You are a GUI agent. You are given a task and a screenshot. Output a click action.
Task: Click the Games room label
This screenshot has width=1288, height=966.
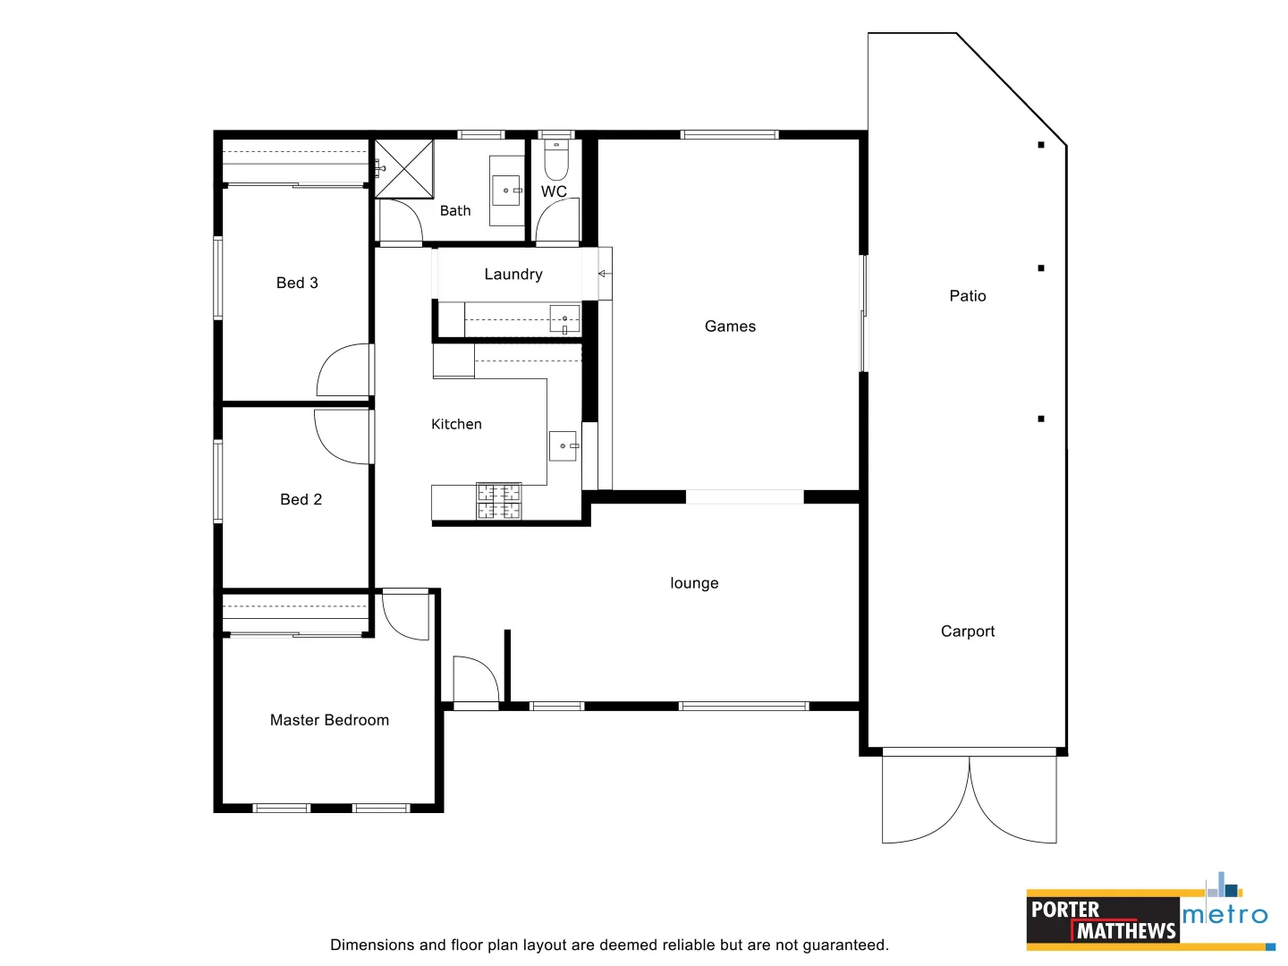coord(730,326)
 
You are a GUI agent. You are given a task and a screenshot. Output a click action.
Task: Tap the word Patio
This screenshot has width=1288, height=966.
coord(967,296)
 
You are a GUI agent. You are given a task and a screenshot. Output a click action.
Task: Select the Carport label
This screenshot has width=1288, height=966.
coord(967,631)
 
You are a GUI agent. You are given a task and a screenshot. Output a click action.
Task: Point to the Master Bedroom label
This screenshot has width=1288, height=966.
coord(329,720)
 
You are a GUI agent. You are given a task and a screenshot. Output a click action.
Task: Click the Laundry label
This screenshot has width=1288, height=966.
coord(513,275)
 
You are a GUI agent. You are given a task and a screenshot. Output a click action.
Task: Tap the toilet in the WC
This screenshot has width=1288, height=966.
coord(556,161)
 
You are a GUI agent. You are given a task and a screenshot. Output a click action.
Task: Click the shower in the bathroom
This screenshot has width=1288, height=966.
coord(403,168)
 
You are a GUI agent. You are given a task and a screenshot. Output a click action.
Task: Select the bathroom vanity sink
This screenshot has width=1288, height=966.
coord(506,191)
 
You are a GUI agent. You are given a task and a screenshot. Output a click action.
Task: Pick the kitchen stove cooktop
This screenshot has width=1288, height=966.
coord(499,502)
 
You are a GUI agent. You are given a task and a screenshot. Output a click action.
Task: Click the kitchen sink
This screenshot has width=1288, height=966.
coord(563,445)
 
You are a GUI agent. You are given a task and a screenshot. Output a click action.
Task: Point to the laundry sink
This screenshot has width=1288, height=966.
coord(563,318)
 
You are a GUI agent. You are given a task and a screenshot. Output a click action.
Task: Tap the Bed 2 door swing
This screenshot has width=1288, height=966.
coord(341,437)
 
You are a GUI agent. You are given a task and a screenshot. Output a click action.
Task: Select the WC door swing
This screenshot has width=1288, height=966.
coord(557,220)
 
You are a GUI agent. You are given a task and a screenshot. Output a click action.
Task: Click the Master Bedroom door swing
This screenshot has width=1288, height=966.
coord(406,616)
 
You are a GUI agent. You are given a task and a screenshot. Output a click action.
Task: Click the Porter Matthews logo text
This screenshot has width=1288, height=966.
coord(1102,920)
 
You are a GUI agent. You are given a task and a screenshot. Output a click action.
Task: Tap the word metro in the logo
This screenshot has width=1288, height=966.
coord(1224,915)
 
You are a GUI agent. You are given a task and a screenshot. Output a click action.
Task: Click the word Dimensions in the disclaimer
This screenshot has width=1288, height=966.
coord(371,945)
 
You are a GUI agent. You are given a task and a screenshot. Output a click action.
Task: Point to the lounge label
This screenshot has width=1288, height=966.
coord(694,583)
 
